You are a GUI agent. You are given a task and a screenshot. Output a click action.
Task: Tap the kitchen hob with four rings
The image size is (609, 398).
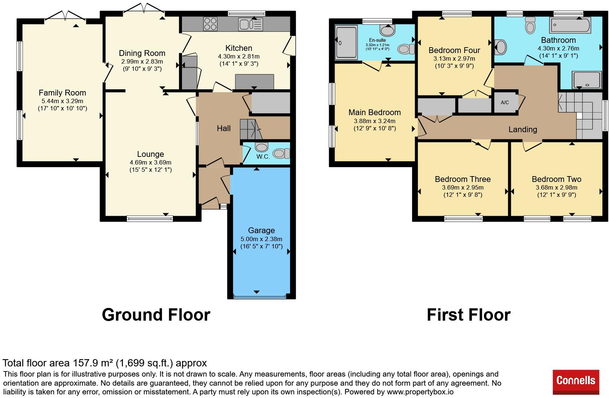[x=210, y=24]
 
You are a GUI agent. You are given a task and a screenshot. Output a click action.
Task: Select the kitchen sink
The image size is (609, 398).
[x=250, y=24]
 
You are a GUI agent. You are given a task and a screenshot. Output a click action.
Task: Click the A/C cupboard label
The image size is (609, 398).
[x=505, y=102]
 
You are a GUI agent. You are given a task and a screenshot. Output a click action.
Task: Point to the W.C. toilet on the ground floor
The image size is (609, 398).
[x=281, y=153]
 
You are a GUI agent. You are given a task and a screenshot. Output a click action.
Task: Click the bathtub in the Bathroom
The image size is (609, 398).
[x=570, y=25]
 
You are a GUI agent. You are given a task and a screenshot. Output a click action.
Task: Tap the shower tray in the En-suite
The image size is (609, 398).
[x=346, y=42]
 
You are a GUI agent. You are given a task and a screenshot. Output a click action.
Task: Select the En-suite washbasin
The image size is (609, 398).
[x=388, y=31]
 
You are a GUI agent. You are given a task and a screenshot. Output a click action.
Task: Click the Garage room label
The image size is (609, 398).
[x=261, y=231]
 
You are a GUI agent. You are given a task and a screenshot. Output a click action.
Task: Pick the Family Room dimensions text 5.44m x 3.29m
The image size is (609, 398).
[x=62, y=101]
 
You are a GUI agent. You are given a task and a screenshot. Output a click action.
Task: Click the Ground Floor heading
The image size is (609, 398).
[x=156, y=314]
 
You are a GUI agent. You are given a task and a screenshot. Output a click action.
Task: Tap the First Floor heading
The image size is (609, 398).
[x=469, y=314]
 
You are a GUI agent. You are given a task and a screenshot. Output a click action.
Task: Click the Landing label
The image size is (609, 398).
[x=523, y=129]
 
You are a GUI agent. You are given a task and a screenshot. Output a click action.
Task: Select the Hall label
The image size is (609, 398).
[x=224, y=128]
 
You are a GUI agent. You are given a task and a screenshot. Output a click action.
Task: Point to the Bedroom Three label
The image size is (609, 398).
[x=463, y=179]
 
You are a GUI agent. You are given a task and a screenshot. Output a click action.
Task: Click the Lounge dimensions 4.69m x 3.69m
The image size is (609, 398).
[x=150, y=163]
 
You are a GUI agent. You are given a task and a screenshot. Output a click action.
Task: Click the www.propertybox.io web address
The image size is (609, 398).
[x=420, y=392]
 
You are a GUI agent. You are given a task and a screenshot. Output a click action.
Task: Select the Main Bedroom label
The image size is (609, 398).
[x=375, y=112]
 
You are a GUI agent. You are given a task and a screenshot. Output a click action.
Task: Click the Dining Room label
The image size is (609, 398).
[x=142, y=53]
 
